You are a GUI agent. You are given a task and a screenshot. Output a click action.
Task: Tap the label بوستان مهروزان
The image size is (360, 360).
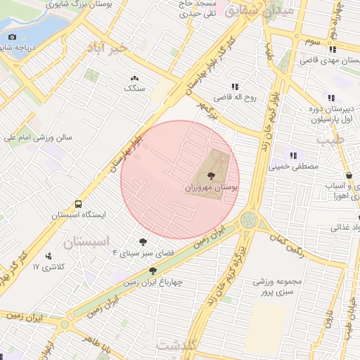pos(212,188)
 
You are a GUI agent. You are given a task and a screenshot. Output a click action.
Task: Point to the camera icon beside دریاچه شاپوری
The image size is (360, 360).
pos(12,37)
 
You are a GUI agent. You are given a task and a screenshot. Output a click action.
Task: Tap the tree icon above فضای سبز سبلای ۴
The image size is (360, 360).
pos(145,241)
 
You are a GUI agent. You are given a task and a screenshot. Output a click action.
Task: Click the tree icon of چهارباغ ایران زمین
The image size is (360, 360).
pos(153,271)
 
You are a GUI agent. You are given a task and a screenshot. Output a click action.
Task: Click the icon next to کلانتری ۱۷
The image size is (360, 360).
pos(48,256)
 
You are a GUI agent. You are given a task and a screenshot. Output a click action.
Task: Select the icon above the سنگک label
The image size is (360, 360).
pos(134,78)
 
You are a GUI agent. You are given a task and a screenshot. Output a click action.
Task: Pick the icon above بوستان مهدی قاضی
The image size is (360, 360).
pos(331,49)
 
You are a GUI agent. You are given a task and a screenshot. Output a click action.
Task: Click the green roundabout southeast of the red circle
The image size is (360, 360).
pos(249,220)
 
